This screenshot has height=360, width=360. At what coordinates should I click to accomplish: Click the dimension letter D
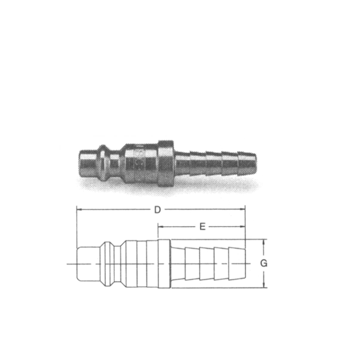pos(157,210)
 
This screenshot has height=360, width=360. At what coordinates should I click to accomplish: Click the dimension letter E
pos(202,227)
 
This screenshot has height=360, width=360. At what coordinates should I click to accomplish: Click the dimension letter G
pos(264,263)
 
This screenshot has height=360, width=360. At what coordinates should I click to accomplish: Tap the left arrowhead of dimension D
pos(80,209)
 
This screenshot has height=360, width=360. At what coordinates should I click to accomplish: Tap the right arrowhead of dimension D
pos(243,209)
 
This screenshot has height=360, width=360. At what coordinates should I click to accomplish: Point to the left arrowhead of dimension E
pos(161,227)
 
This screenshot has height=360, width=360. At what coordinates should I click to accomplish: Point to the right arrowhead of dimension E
pos(243,227)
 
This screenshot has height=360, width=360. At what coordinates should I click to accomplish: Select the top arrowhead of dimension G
pos(264,242)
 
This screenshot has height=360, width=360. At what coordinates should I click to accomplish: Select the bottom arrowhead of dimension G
pos(264,285)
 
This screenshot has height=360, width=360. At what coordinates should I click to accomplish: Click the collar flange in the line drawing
pos(164,264)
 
